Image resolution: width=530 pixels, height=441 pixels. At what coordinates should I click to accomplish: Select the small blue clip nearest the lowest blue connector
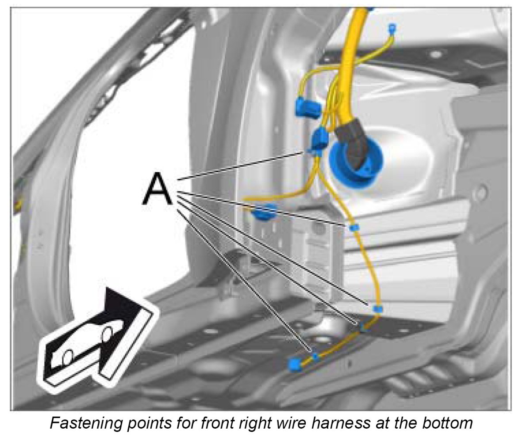point(315,356)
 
